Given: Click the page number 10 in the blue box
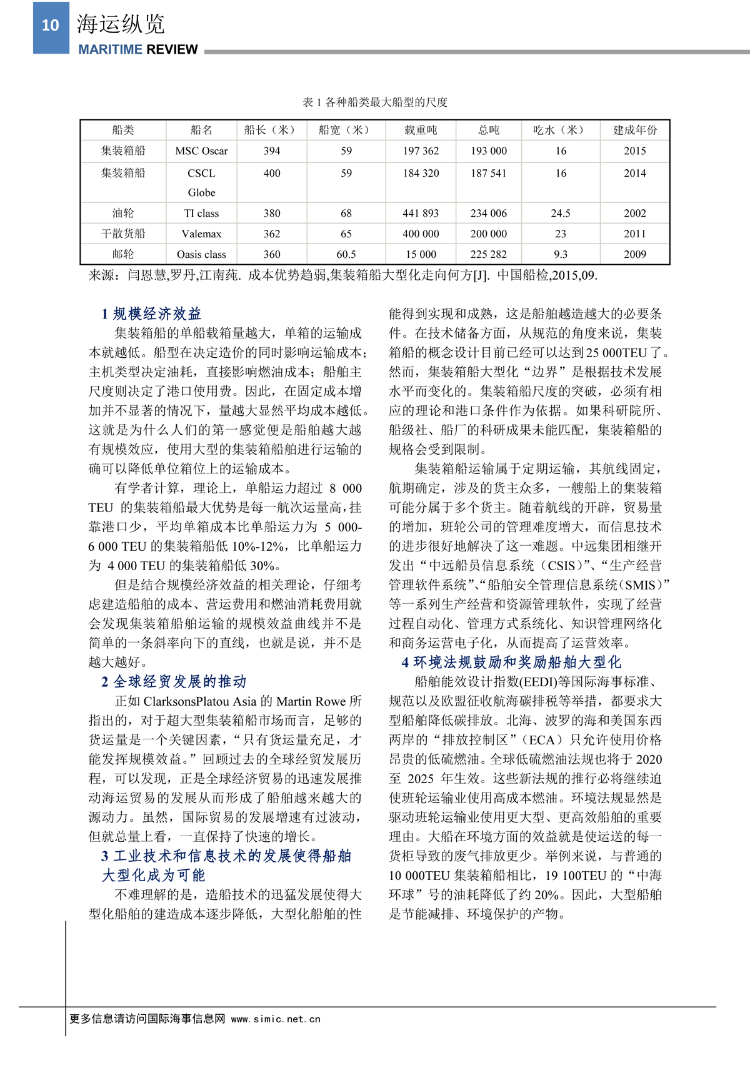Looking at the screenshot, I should click(x=51, y=26).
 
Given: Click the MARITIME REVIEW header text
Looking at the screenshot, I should click(x=137, y=50).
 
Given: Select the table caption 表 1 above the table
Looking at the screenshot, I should click(x=375, y=102).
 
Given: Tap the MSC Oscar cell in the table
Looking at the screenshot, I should click(x=201, y=151).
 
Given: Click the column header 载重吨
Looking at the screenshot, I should click(x=421, y=130).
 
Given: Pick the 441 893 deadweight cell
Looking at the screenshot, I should click(x=421, y=214).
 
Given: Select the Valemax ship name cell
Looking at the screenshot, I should click(x=201, y=234).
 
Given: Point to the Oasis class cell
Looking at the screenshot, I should click(x=201, y=255).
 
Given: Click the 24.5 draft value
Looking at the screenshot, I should click(x=561, y=214).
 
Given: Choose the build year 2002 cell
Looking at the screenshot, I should click(x=634, y=214).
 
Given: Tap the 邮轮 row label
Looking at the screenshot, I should click(x=123, y=255).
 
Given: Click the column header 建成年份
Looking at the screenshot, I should click(x=634, y=130).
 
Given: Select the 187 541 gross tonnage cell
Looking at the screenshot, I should click(x=489, y=174).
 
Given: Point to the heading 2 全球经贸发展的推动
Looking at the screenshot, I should click(x=174, y=681).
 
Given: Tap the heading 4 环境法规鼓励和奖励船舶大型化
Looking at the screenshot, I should click(x=511, y=662).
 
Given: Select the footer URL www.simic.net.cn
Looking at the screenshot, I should click(x=276, y=1019).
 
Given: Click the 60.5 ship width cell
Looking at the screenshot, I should click(x=346, y=255).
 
